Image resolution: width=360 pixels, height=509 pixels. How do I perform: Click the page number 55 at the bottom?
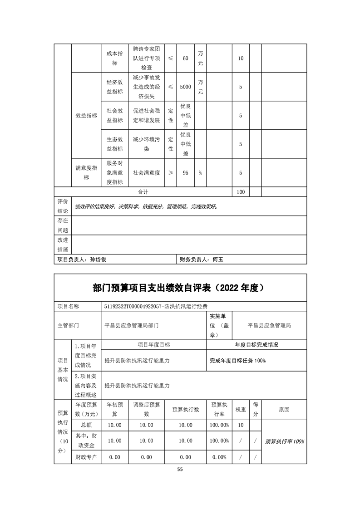(x=180, y=470)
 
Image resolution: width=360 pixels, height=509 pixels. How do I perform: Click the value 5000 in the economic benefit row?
(x=185, y=87)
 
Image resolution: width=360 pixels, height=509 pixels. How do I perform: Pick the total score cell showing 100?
(x=241, y=192)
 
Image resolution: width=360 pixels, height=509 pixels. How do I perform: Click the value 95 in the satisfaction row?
(x=185, y=173)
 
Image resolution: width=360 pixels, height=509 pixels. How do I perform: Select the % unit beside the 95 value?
(x=200, y=173)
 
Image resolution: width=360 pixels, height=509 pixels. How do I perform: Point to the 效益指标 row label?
(x=86, y=115)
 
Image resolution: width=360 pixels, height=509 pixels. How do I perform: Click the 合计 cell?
(x=143, y=192)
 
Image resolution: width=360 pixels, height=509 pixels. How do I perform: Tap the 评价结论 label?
(x=63, y=206)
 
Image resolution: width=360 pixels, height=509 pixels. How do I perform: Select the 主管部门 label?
(x=69, y=325)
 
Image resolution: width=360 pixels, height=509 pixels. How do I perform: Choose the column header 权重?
(x=241, y=409)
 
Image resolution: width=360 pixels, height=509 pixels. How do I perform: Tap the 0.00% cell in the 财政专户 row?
(x=219, y=457)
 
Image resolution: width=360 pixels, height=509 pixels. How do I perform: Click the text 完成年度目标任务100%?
(x=237, y=361)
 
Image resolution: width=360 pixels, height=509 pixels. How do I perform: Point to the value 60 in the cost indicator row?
(x=185, y=59)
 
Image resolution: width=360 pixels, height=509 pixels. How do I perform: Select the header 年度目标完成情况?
(x=256, y=345)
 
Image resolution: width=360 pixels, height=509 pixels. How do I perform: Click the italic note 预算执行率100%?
(x=285, y=441)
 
